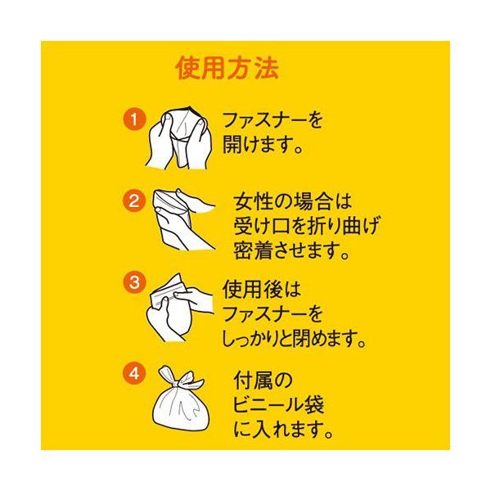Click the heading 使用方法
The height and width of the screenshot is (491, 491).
tap(227, 68)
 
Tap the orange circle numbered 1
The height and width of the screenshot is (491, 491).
tap(134, 119)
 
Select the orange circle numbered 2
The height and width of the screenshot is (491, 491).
tap(134, 200)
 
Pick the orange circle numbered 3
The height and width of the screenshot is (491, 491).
tap(134, 282)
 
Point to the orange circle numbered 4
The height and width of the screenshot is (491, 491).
tap(134, 373)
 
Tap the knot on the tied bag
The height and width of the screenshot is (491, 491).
tap(174, 383)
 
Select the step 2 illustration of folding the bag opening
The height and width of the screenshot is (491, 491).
tap(184, 220)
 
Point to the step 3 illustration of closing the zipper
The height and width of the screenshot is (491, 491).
tap(180, 308)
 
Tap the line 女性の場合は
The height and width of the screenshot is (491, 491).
tap(293, 201)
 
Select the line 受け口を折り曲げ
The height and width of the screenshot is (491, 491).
tap(306, 226)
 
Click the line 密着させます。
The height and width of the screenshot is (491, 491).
tap(291, 250)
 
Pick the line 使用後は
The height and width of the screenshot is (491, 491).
tap(262, 289)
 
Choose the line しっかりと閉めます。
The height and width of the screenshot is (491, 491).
tap(294, 339)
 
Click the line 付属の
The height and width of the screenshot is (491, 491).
tap(263, 381)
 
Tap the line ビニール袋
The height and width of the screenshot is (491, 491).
tap(278, 405)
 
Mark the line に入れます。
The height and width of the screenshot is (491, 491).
tap(283, 429)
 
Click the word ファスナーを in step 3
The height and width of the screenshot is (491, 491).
tap(273, 313)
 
